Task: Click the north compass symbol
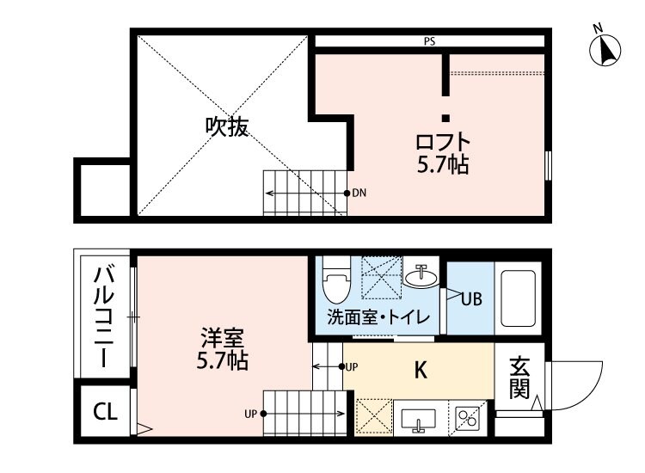(606, 50)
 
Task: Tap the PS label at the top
(428, 40)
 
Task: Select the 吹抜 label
(226, 126)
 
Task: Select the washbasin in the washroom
(421, 278)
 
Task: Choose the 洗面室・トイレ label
(378, 317)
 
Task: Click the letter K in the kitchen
(421, 370)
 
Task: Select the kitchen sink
(419, 419)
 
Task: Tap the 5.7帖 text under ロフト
(444, 164)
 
